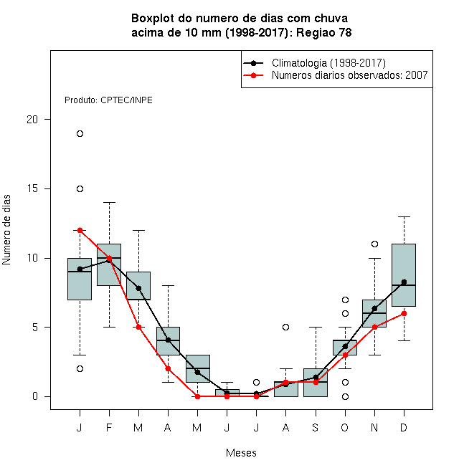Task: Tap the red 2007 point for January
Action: tap(80, 231)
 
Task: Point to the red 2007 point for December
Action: tap(404, 314)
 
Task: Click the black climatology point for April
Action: tap(169, 340)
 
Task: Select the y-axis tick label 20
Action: tap(32, 120)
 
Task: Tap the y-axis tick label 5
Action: tap(35, 328)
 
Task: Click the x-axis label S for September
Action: tap(316, 427)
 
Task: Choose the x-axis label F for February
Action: tap(109, 427)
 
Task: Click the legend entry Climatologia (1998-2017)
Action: tap(328, 63)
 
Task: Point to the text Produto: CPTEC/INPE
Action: tap(108, 100)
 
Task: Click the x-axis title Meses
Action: tap(241, 453)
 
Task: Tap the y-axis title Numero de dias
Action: tap(6, 230)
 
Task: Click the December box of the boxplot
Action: tap(404, 275)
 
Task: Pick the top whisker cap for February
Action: tap(109, 202)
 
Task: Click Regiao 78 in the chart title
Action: tap(323, 32)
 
